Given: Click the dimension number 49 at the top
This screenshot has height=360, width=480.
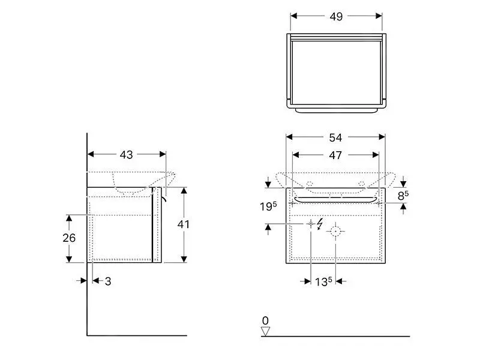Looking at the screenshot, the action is (x=336, y=17).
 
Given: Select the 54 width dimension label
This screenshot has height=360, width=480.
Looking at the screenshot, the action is (x=335, y=138).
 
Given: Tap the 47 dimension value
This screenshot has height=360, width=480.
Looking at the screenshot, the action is (x=335, y=155).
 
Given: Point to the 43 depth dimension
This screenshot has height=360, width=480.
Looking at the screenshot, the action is (x=126, y=155).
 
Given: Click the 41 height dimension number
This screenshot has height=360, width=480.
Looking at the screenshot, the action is (x=183, y=224).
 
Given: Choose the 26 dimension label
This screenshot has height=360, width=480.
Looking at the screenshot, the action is (x=69, y=238).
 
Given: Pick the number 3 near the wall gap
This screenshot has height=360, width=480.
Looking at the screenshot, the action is (x=108, y=281).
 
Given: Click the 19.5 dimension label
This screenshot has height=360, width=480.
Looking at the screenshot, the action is (x=268, y=206).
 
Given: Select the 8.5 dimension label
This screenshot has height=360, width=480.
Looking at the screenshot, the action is (x=403, y=195).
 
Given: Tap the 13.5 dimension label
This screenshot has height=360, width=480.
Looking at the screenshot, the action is (x=323, y=281).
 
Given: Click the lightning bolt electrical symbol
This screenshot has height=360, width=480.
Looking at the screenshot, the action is (x=320, y=224).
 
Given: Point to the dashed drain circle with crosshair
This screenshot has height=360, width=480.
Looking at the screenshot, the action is (x=335, y=231).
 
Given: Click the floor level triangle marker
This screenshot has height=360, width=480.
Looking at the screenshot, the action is (x=265, y=332).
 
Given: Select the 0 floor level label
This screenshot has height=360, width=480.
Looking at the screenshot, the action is (x=265, y=320).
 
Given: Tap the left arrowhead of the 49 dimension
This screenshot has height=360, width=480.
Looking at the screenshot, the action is (x=294, y=16).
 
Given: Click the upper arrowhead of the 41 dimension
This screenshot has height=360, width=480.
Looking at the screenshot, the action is (x=184, y=191).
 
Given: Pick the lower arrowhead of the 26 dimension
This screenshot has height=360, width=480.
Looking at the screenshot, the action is (x=69, y=259).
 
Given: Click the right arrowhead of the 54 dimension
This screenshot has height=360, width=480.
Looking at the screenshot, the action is (x=382, y=137).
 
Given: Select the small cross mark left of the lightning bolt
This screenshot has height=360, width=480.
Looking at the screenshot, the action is (x=311, y=224).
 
